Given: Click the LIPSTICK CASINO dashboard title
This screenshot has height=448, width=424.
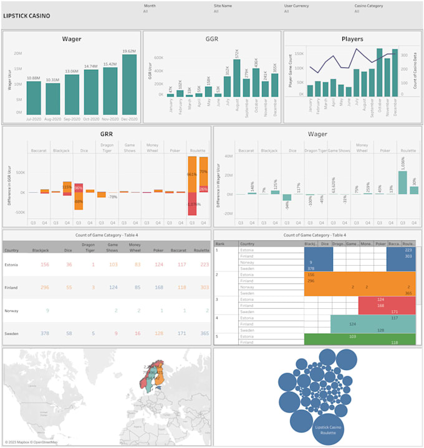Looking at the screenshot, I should click(x=27, y=16).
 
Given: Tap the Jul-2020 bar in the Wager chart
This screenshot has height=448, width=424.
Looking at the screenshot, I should click(x=34, y=98).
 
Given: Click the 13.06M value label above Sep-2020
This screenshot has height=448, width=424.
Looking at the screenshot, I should click(x=72, y=71).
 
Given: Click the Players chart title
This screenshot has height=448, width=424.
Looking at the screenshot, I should click(x=352, y=39).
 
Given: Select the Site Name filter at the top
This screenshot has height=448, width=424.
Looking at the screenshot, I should click(x=223, y=5).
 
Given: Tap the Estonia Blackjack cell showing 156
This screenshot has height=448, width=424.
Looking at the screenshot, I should click(x=45, y=265).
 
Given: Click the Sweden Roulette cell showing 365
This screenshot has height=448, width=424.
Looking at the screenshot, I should click(x=201, y=333).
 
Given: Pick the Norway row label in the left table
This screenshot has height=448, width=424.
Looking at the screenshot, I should click(x=11, y=310).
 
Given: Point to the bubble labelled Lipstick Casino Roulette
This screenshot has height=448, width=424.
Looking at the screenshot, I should click(x=328, y=429).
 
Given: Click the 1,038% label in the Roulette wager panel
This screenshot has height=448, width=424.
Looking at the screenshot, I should click(x=403, y=164).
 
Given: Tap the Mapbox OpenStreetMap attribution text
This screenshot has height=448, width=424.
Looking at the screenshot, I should click(x=31, y=442).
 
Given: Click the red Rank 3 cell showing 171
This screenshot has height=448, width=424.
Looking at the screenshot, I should click(x=394, y=311).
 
